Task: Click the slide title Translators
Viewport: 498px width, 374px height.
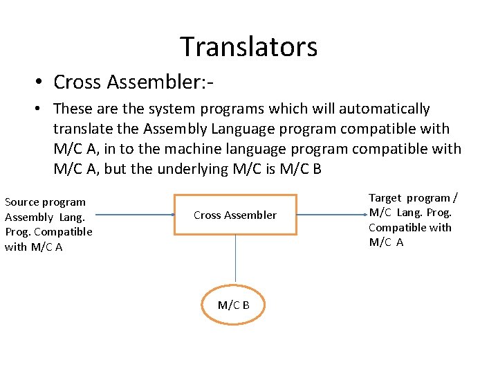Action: click(249, 46)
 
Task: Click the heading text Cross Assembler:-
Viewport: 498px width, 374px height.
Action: click(133, 82)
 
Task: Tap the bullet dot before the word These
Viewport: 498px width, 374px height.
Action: click(42, 109)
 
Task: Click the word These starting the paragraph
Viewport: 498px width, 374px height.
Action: click(71, 109)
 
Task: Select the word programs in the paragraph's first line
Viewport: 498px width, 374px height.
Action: click(226, 109)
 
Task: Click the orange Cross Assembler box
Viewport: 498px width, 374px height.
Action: click(235, 215)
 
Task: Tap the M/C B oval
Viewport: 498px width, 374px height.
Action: click(234, 305)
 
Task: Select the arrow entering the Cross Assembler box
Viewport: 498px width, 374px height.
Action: click(138, 215)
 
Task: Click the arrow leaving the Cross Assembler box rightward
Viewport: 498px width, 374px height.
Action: click(332, 215)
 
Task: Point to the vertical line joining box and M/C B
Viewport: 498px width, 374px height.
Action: click(235, 260)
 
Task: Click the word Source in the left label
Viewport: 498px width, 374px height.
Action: click(22, 202)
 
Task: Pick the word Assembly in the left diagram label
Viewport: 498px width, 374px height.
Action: click(28, 217)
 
